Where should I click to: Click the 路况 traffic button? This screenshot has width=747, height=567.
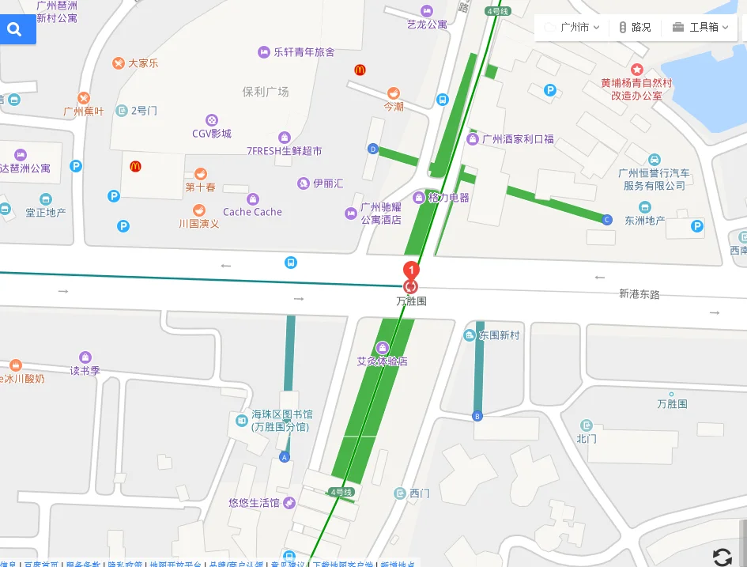[635, 27]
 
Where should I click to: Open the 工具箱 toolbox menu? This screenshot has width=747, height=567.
[700, 27]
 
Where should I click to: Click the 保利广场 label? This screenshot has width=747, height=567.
[266, 92]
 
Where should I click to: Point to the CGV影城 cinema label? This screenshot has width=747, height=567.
[212, 133]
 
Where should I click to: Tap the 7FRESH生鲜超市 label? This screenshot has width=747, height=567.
[284, 150]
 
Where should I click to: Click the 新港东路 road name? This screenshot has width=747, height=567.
[639, 294]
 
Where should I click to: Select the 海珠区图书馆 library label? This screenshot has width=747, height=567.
[281, 414]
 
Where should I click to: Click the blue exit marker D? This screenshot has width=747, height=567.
[373, 149]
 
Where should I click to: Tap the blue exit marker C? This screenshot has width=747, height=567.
[607, 219]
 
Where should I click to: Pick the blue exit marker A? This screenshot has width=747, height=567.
[285, 457]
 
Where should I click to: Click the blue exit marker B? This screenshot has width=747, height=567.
[477, 416]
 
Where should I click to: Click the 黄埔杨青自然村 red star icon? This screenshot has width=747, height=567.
[637, 70]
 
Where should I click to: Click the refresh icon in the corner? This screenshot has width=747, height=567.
[722, 557]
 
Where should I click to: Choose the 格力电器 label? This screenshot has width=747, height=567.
[447, 197]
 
